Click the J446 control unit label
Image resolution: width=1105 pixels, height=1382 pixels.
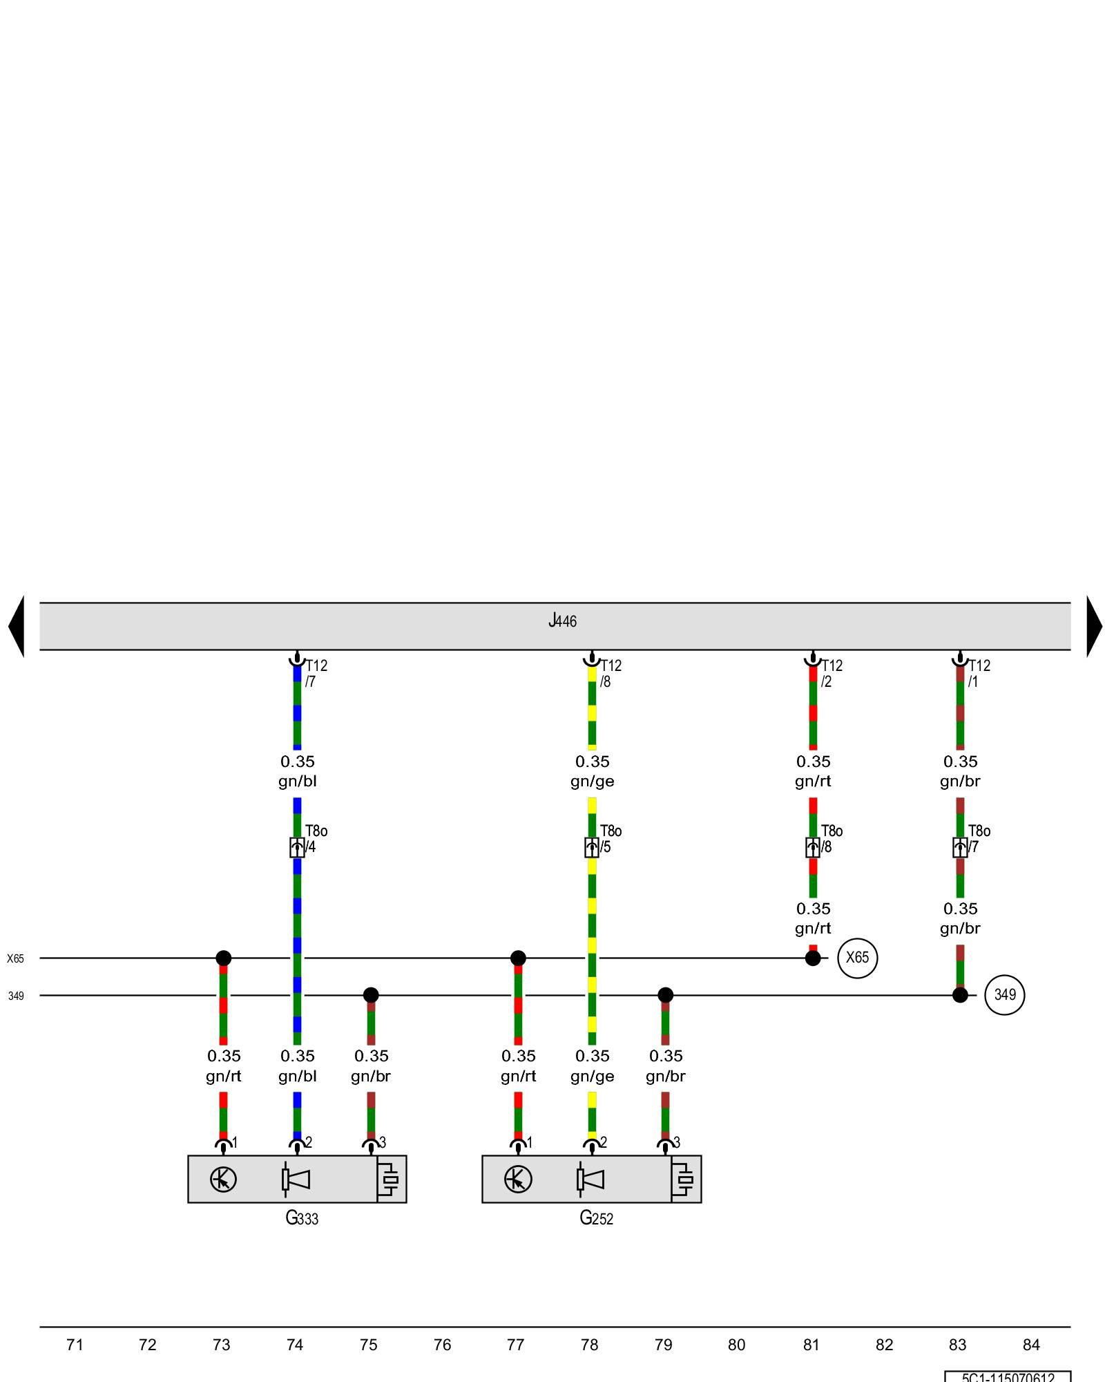click(x=562, y=621)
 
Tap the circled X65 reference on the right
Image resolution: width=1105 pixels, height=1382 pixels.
click(x=857, y=958)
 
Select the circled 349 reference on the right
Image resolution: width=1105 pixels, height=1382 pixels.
click(x=1004, y=995)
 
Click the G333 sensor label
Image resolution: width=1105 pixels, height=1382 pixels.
click(x=302, y=1218)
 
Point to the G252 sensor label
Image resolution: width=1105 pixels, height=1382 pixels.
click(x=596, y=1218)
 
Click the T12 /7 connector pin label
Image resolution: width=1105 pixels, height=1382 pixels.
click(x=316, y=673)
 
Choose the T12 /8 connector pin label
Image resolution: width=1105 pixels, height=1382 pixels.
click(x=610, y=673)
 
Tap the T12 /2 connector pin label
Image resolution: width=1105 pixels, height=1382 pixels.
click(x=831, y=673)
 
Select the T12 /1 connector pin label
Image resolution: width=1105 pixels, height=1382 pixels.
click(x=978, y=673)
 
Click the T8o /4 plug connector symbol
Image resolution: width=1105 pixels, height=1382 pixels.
click(x=297, y=847)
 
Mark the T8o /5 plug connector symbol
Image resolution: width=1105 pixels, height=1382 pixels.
click(x=592, y=847)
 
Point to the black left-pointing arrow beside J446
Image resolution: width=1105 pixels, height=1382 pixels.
click(x=17, y=626)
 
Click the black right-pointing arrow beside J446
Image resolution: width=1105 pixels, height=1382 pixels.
click(x=1094, y=626)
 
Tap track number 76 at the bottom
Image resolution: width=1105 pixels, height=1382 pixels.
click(x=442, y=1345)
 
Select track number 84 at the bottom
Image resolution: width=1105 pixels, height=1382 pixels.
click(x=1031, y=1345)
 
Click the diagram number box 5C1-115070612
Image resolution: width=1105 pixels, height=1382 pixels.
click(x=1008, y=1376)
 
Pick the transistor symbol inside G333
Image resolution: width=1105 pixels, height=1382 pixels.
click(x=223, y=1179)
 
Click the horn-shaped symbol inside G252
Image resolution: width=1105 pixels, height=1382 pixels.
click(x=590, y=1179)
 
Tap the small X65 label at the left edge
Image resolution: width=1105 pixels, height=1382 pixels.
click(x=15, y=958)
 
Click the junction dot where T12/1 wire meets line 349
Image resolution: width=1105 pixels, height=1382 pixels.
click(x=960, y=995)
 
